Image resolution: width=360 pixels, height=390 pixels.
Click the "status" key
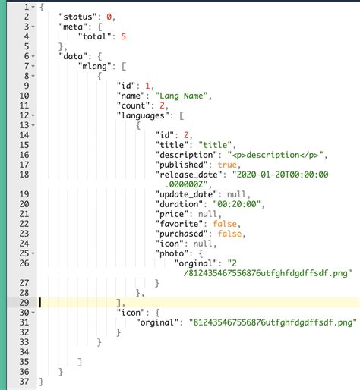[78, 17]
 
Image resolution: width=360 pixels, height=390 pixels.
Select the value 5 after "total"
[123, 36]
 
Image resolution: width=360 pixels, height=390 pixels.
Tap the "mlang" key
[95, 66]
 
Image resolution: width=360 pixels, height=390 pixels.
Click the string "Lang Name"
[182, 96]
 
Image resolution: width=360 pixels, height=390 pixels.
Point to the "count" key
[134, 105]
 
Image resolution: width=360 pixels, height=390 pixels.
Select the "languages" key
[143, 115]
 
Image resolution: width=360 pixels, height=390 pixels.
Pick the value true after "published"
[227, 165]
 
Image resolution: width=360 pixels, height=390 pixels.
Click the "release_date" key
[188, 175]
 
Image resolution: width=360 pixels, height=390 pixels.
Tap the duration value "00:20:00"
[237, 204]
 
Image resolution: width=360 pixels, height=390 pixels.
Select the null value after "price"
[207, 214]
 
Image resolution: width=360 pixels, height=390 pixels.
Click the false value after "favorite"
[225, 224]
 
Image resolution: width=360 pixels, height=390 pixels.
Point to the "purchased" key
[182, 234]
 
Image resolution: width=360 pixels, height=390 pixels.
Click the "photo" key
[172, 253]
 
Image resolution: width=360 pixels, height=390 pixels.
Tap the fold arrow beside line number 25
[33, 253]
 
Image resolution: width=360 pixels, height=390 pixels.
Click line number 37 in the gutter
[24, 382]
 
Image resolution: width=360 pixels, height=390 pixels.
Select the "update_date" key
[186, 194]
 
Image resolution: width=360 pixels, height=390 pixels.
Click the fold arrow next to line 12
[33, 115]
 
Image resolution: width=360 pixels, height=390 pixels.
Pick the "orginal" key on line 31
[157, 322]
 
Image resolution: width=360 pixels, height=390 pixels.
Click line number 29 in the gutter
[24, 303]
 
